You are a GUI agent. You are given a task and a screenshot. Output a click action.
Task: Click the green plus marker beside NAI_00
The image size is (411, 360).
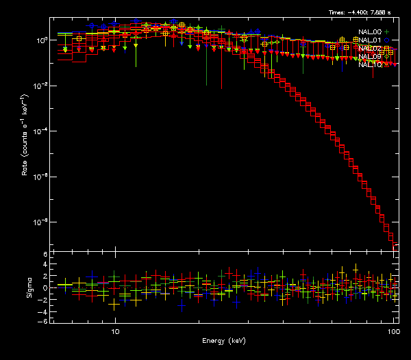tap(387, 32)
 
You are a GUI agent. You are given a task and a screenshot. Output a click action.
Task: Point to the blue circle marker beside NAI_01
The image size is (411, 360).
tap(387, 40)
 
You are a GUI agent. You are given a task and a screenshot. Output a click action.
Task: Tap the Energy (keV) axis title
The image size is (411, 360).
tap(223, 341)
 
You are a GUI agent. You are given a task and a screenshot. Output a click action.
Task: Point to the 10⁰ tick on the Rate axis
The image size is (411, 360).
tap(42, 40)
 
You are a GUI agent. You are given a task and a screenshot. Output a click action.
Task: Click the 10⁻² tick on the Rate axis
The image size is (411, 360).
tap(42, 86)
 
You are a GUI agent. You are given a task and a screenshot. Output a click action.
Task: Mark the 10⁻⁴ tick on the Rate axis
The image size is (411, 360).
tap(42, 131)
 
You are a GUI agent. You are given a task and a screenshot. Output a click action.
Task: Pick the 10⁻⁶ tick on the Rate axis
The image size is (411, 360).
tap(42, 177)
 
